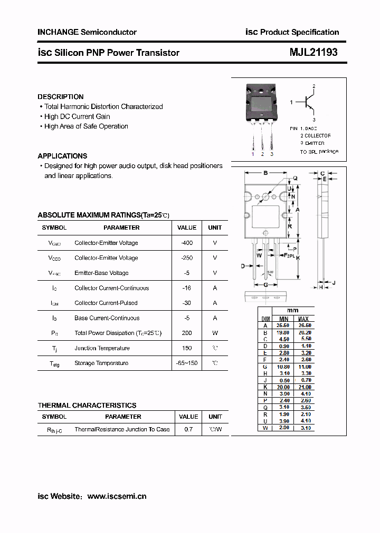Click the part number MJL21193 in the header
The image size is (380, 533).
[x=313, y=53]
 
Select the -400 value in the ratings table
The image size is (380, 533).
[x=187, y=243]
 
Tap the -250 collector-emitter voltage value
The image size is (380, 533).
[x=187, y=258]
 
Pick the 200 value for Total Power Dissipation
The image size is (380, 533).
[x=187, y=333]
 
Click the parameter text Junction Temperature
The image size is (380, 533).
[x=102, y=348]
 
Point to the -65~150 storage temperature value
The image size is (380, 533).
[x=187, y=363]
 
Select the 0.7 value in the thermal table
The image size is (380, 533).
[x=188, y=429]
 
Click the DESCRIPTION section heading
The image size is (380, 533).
[x=60, y=97]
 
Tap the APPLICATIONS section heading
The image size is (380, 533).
[x=62, y=156]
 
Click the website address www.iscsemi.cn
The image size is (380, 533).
[x=117, y=496]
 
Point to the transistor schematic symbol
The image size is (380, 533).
[x=309, y=103]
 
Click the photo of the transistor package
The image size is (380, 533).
[x=262, y=103]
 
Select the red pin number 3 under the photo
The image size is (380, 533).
[x=272, y=154]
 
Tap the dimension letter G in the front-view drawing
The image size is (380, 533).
[x=265, y=285]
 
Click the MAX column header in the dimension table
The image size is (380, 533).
[x=303, y=319]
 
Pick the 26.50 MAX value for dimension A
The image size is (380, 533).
[x=304, y=326]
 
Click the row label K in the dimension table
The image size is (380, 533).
[x=266, y=387]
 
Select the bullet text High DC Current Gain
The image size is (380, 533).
[x=77, y=116]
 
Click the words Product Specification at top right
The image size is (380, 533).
[x=299, y=32]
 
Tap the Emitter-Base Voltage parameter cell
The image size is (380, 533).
[x=101, y=273]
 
